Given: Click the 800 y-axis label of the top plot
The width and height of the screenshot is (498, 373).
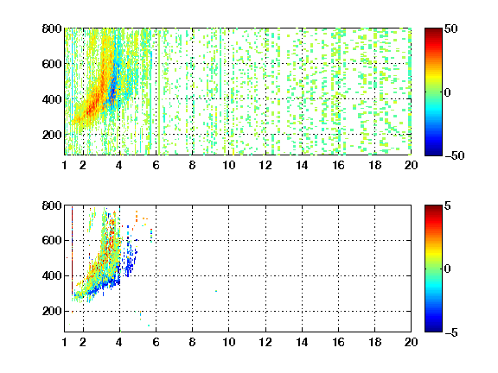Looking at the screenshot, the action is click(52, 28).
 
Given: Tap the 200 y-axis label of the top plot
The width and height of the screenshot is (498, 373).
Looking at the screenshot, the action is click(52, 135).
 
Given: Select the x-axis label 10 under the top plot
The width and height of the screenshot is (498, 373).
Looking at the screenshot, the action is click(228, 165).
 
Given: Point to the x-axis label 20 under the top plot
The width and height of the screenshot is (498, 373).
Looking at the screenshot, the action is click(411, 165).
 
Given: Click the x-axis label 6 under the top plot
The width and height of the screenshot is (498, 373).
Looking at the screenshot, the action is click(156, 165).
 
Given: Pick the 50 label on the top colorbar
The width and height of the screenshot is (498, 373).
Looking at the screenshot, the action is click(451, 28).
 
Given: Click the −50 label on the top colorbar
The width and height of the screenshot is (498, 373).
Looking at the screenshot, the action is click(455, 155).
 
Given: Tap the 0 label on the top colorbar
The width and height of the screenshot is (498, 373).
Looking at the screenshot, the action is click(448, 92).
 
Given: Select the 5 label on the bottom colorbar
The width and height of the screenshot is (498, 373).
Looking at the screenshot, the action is click(448, 205).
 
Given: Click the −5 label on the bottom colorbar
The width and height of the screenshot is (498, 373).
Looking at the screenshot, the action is click(451, 332).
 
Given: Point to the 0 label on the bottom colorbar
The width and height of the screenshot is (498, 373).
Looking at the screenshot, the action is click(448, 269).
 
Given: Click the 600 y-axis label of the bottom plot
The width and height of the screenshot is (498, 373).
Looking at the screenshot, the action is click(52, 240).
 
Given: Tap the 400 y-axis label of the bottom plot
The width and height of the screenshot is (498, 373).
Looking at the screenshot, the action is click(52, 275).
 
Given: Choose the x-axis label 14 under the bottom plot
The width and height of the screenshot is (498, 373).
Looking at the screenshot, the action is click(302, 342).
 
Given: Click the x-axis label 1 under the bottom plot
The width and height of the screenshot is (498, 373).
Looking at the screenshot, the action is click(65, 342).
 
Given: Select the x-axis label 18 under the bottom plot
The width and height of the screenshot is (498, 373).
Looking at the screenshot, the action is click(374, 342).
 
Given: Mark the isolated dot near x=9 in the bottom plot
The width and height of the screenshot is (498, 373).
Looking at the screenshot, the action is click(216, 291).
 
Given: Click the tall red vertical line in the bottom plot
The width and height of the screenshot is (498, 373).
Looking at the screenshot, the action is click(72, 250).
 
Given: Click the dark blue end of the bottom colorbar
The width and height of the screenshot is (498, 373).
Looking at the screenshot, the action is click(433, 330).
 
